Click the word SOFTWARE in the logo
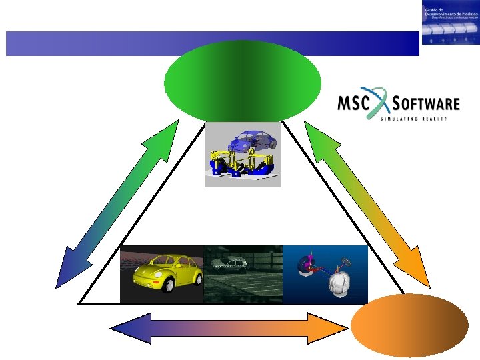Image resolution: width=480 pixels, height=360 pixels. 427,104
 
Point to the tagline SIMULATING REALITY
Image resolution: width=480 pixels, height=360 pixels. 413,119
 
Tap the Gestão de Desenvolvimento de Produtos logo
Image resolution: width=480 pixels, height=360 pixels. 450,22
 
